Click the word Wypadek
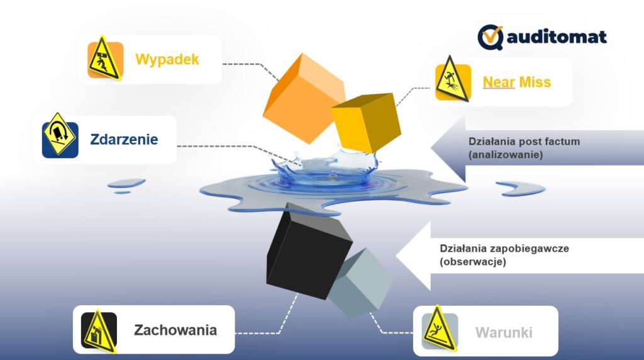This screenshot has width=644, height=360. pyautogui.click(x=167, y=59)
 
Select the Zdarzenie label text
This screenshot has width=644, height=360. pyautogui.click(x=124, y=139)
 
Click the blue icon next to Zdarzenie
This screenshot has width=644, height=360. pyautogui.click(x=60, y=139)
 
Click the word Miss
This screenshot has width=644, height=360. pyautogui.click(x=535, y=82)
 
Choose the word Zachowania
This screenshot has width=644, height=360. pyautogui.click(x=175, y=330)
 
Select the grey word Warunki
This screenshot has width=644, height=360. pyautogui.click(x=504, y=332)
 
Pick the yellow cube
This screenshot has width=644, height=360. pyautogui.click(x=365, y=122)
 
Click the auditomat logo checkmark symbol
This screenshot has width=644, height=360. pyautogui.click(x=490, y=37)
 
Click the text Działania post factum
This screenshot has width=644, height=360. pyautogui.click(x=524, y=142)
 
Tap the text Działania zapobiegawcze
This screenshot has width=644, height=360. pyautogui.click(x=504, y=248)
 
